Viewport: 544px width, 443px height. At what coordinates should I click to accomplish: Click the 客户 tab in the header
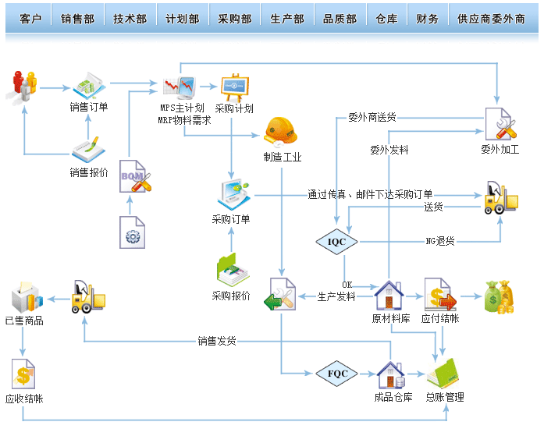point(30,19)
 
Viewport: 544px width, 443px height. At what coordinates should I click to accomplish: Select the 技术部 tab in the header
point(130,19)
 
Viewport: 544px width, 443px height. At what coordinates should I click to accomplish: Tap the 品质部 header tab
point(340,19)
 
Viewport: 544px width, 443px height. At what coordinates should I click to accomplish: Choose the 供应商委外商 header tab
point(491,19)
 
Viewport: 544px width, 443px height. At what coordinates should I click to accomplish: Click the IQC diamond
point(336,242)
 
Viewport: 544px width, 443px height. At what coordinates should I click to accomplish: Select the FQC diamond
point(337,374)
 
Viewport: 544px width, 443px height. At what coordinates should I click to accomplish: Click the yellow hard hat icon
point(281,131)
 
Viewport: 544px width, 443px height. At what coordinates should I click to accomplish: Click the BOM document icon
point(133,178)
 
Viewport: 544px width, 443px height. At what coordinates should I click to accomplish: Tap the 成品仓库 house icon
point(390,375)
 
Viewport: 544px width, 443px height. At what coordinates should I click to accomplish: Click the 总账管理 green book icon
point(444,374)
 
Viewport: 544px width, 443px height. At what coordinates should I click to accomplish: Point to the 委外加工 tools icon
point(500,124)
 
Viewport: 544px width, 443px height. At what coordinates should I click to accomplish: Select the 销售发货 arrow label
point(217,341)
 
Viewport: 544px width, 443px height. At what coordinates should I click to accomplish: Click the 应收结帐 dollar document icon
point(23,374)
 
